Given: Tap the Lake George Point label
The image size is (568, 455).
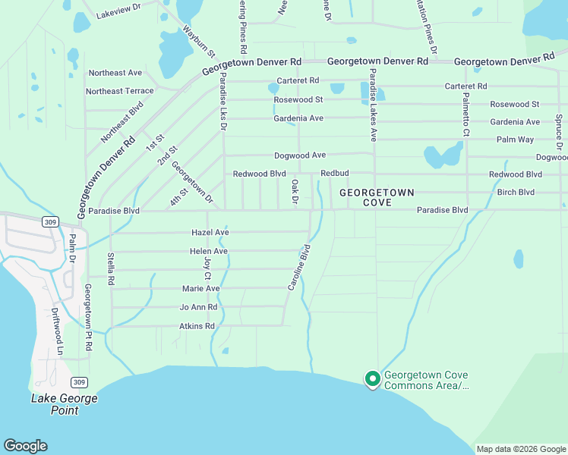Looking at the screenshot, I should pos(64,404).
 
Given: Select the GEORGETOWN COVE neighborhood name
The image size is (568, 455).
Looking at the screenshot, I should pos(377,198).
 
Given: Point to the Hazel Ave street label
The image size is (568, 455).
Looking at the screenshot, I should pos(210,232).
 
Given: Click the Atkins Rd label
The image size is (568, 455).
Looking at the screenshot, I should pos(197,326).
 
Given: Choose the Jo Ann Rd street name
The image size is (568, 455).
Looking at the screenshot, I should pos(198,307).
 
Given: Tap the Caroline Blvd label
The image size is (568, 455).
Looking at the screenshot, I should pos(299,267).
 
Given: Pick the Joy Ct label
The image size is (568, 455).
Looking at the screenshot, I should pos(207,266).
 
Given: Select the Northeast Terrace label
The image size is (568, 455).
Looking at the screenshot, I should pos(119,91).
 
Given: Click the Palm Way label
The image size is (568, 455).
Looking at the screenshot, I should pos(515,140).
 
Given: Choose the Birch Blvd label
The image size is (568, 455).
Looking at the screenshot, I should pos(516,192).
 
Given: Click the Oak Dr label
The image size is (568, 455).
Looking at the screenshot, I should pos(295,191).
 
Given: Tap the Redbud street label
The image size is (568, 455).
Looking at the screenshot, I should pos(334,174).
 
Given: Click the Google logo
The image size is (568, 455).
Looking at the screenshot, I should pos(25,446).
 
